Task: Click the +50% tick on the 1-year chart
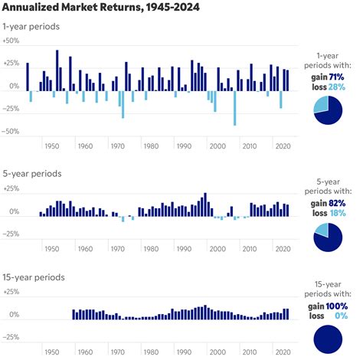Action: tap(10, 61)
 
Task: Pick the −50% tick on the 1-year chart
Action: tap(10, 131)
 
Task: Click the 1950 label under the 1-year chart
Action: tap(52, 146)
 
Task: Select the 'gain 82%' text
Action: tap(331, 203)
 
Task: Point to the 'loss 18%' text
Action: tap(331, 213)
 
